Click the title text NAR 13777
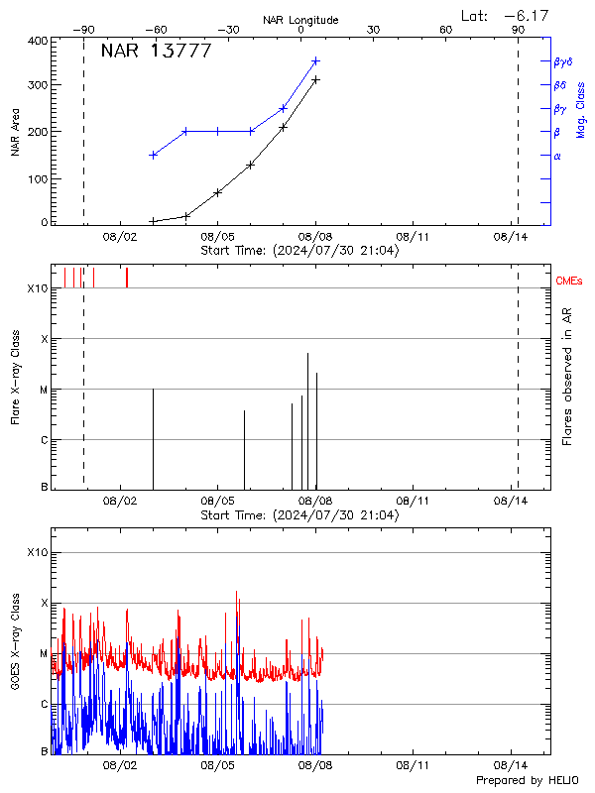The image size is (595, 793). click(x=156, y=52)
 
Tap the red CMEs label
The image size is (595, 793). click(x=569, y=283)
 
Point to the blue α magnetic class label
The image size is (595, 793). click(x=557, y=156)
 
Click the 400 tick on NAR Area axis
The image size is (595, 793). click(x=37, y=41)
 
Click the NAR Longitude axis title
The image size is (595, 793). click(x=300, y=20)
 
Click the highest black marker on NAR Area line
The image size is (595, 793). click(x=315, y=79)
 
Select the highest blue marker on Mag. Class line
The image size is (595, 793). click(x=315, y=60)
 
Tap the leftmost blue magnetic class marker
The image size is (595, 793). click(x=153, y=155)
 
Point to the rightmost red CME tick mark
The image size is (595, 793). click(x=127, y=278)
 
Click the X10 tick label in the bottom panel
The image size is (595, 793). click(x=36, y=552)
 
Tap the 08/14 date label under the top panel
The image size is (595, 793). click(x=510, y=237)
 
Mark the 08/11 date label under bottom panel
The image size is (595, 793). click(x=412, y=765)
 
